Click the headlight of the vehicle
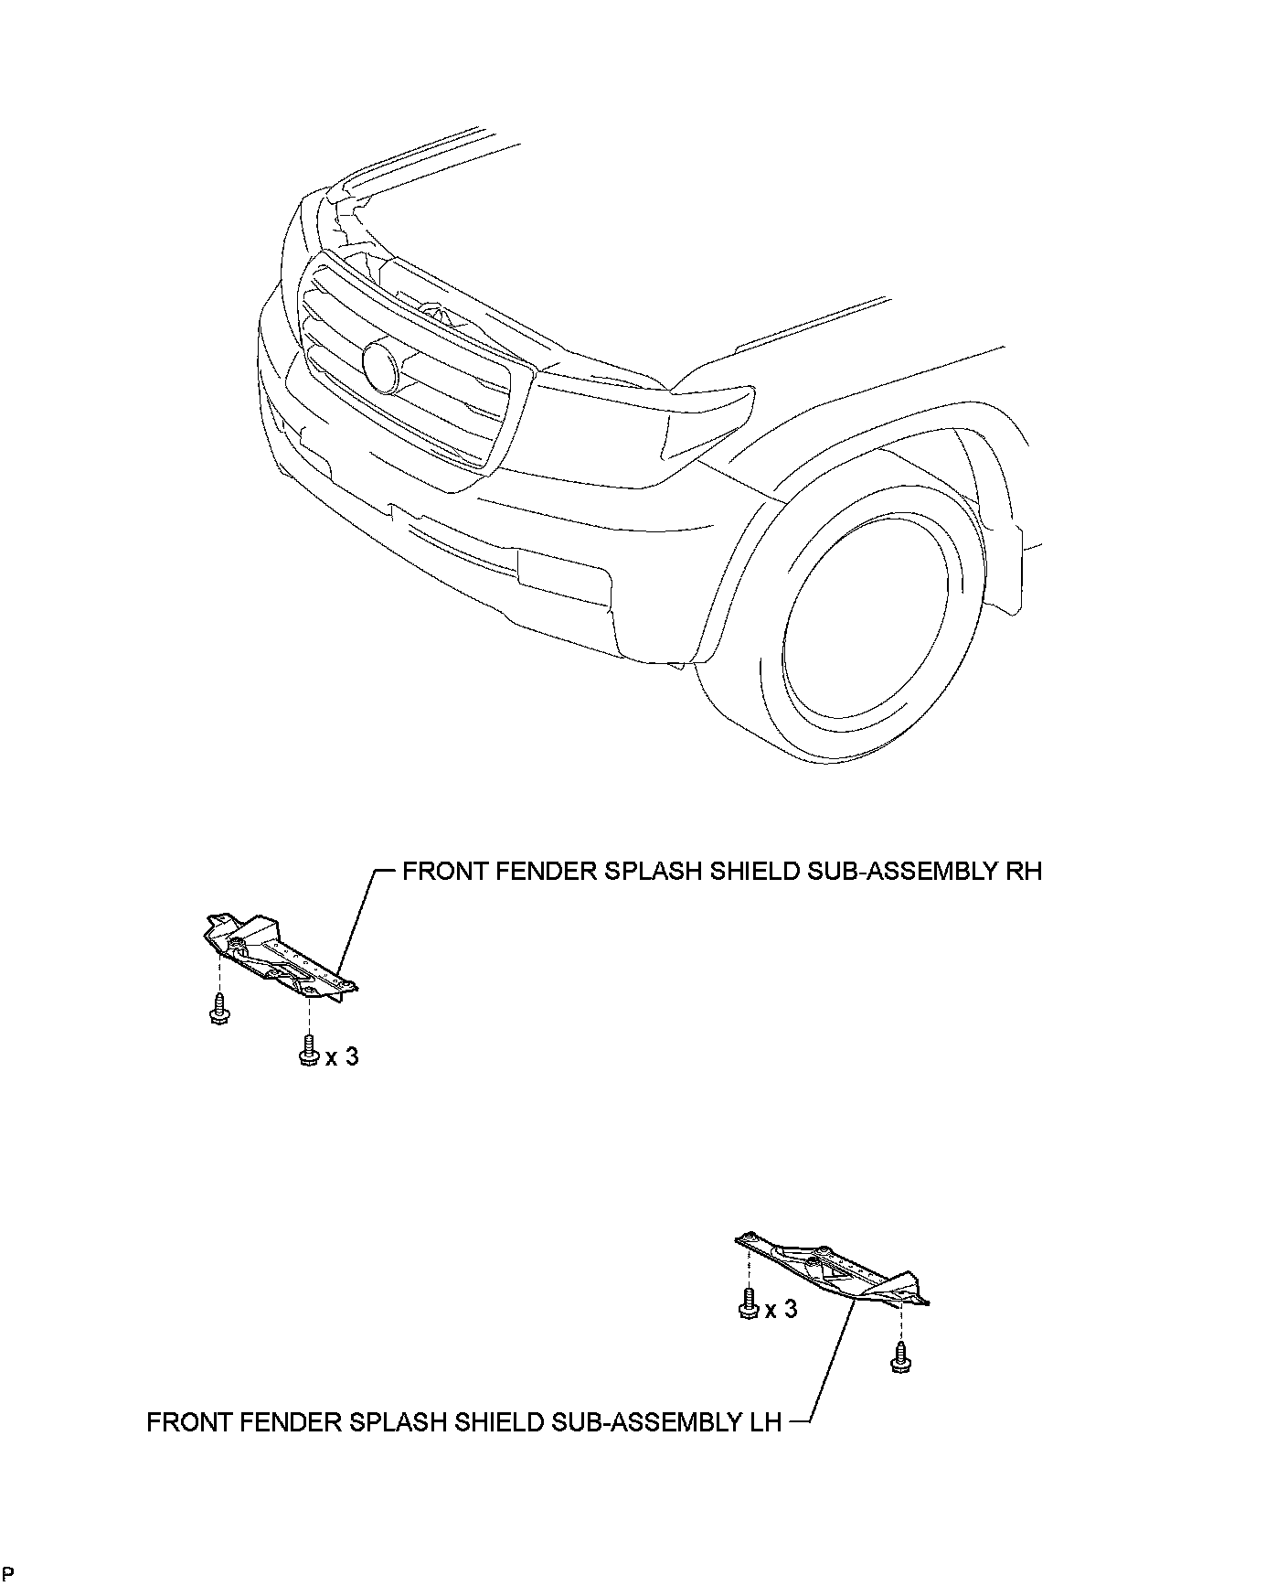click(709, 420)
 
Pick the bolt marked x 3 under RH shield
click(309, 1050)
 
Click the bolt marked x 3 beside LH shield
click(748, 1303)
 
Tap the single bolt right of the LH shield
click(900, 1358)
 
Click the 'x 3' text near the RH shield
click(342, 1056)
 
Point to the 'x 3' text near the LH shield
click(781, 1310)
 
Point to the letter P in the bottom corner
click(8, 1574)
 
